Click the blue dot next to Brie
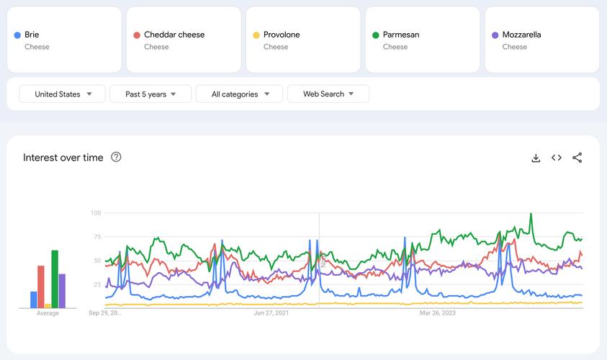tap(17, 35)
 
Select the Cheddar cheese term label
tap(174, 35)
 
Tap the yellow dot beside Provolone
tap(256, 35)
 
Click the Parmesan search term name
tap(401, 35)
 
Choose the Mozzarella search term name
tap(522, 35)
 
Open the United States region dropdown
tap(63, 94)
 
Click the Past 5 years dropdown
tap(150, 94)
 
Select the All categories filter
tap(240, 94)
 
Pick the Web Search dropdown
tap(328, 94)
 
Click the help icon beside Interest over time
tap(116, 157)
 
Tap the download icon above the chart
tap(536, 158)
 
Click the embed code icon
tap(557, 158)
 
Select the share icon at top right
tap(577, 158)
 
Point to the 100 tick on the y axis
tap(96, 213)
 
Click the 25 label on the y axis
tap(97, 284)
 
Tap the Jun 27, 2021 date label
tap(271, 313)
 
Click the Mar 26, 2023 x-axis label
tap(438, 313)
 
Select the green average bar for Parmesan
tap(55, 279)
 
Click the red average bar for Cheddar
tap(41, 287)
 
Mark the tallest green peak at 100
tap(531, 214)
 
